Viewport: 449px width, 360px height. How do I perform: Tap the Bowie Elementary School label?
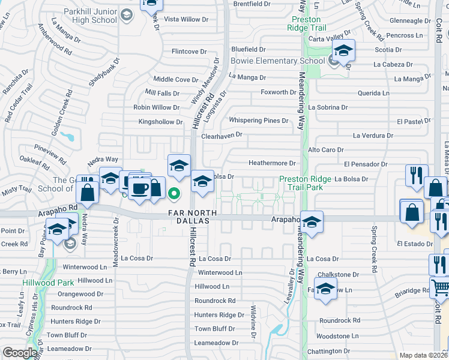(x=278, y=61)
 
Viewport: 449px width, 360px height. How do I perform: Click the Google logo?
(x=20, y=353)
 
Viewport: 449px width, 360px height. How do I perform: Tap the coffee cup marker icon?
(x=140, y=189)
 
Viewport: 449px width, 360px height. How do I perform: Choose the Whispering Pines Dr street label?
(x=259, y=121)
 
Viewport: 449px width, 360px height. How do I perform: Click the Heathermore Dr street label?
(x=273, y=163)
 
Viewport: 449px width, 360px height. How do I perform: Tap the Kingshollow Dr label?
(x=160, y=122)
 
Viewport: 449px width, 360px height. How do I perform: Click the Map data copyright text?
(x=424, y=355)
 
